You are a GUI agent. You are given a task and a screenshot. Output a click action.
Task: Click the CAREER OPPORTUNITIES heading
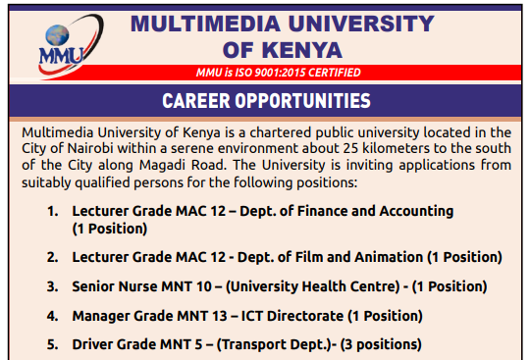point(267,100)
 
